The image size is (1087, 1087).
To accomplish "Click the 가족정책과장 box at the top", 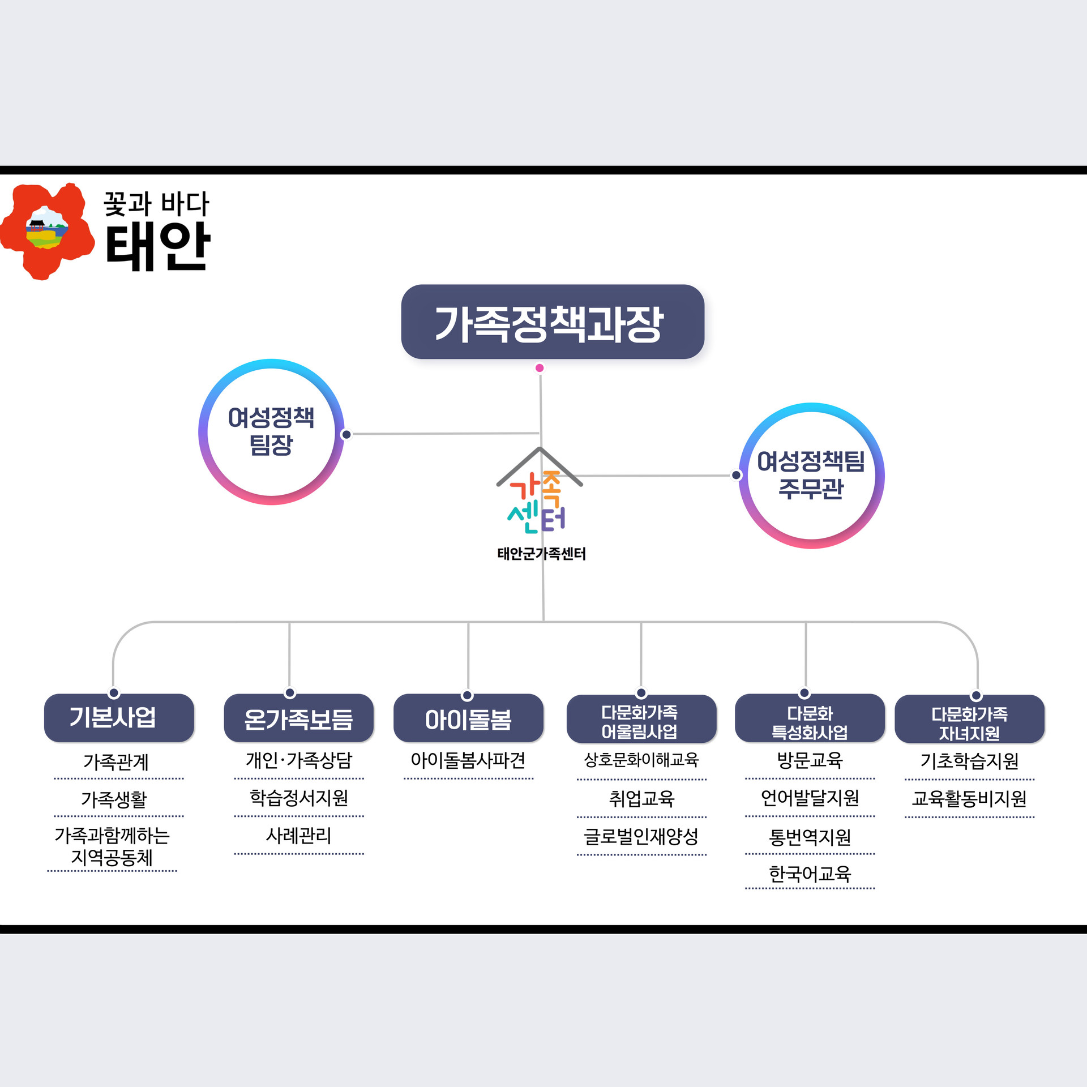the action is (553, 322).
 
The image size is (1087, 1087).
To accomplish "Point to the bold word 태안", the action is (158, 246).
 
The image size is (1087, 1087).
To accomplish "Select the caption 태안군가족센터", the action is (541, 553).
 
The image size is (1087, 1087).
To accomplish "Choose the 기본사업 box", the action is (119, 717).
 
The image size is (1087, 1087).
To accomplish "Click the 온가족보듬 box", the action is (299, 717).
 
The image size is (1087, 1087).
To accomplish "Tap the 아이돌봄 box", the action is (468, 717).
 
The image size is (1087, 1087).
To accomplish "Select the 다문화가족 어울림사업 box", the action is (641, 718).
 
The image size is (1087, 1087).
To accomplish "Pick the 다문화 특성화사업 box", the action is (810, 717).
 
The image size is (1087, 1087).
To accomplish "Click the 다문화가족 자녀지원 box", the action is (969, 718).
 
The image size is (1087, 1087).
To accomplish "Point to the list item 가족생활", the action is (114, 799).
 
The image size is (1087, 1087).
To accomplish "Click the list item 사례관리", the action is (299, 836).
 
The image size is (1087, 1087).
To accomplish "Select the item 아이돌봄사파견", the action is (468, 760).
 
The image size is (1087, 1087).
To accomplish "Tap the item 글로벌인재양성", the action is (641, 836).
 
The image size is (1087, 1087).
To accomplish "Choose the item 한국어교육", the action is (810, 874).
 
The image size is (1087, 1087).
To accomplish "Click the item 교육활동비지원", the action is (969, 798).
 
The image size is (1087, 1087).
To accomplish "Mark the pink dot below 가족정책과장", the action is (540, 368).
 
